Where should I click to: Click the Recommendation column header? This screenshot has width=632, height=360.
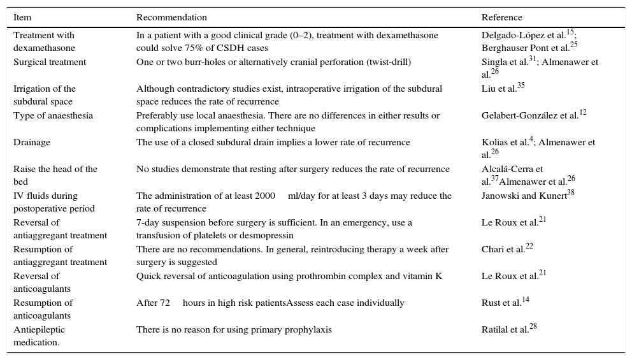(x=171, y=18)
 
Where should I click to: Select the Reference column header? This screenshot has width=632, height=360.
(x=501, y=18)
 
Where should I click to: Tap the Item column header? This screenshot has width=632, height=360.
(x=22, y=18)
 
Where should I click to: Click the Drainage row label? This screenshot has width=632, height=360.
(x=32, y=143)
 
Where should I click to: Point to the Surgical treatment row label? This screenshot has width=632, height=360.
(x=50, y=62)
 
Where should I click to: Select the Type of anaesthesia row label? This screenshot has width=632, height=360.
(x=53, y=116)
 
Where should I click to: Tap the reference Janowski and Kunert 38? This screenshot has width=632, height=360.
(x=528, y=196)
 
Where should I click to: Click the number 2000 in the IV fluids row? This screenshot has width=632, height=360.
(x=265, y=196)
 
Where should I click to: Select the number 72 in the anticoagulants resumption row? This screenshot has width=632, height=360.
(x=164, y=303)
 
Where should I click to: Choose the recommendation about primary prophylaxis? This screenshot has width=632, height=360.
(x=234, y=330)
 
